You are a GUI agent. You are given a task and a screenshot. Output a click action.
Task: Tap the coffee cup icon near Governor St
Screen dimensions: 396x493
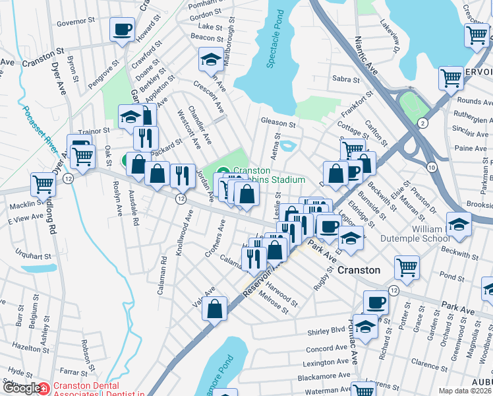coord(123,30)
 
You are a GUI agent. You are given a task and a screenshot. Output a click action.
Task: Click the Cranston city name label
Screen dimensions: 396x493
coord(359,270)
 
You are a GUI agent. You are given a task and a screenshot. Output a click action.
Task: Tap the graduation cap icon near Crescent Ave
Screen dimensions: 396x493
coord(211,61)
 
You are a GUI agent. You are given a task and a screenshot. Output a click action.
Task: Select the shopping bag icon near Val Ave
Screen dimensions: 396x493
coord(216,308)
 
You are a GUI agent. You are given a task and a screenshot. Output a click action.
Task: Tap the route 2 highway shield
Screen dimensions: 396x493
coord(422,123)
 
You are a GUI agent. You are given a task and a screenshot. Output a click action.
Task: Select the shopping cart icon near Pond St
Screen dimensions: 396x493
coord(407,267)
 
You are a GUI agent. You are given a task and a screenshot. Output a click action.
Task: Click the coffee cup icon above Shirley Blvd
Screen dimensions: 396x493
coord(376,302)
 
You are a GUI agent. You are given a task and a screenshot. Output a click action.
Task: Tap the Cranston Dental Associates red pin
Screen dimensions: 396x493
coord(43,388)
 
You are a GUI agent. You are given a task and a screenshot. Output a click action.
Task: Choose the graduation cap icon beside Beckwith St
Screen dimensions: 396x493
coord(459,224)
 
